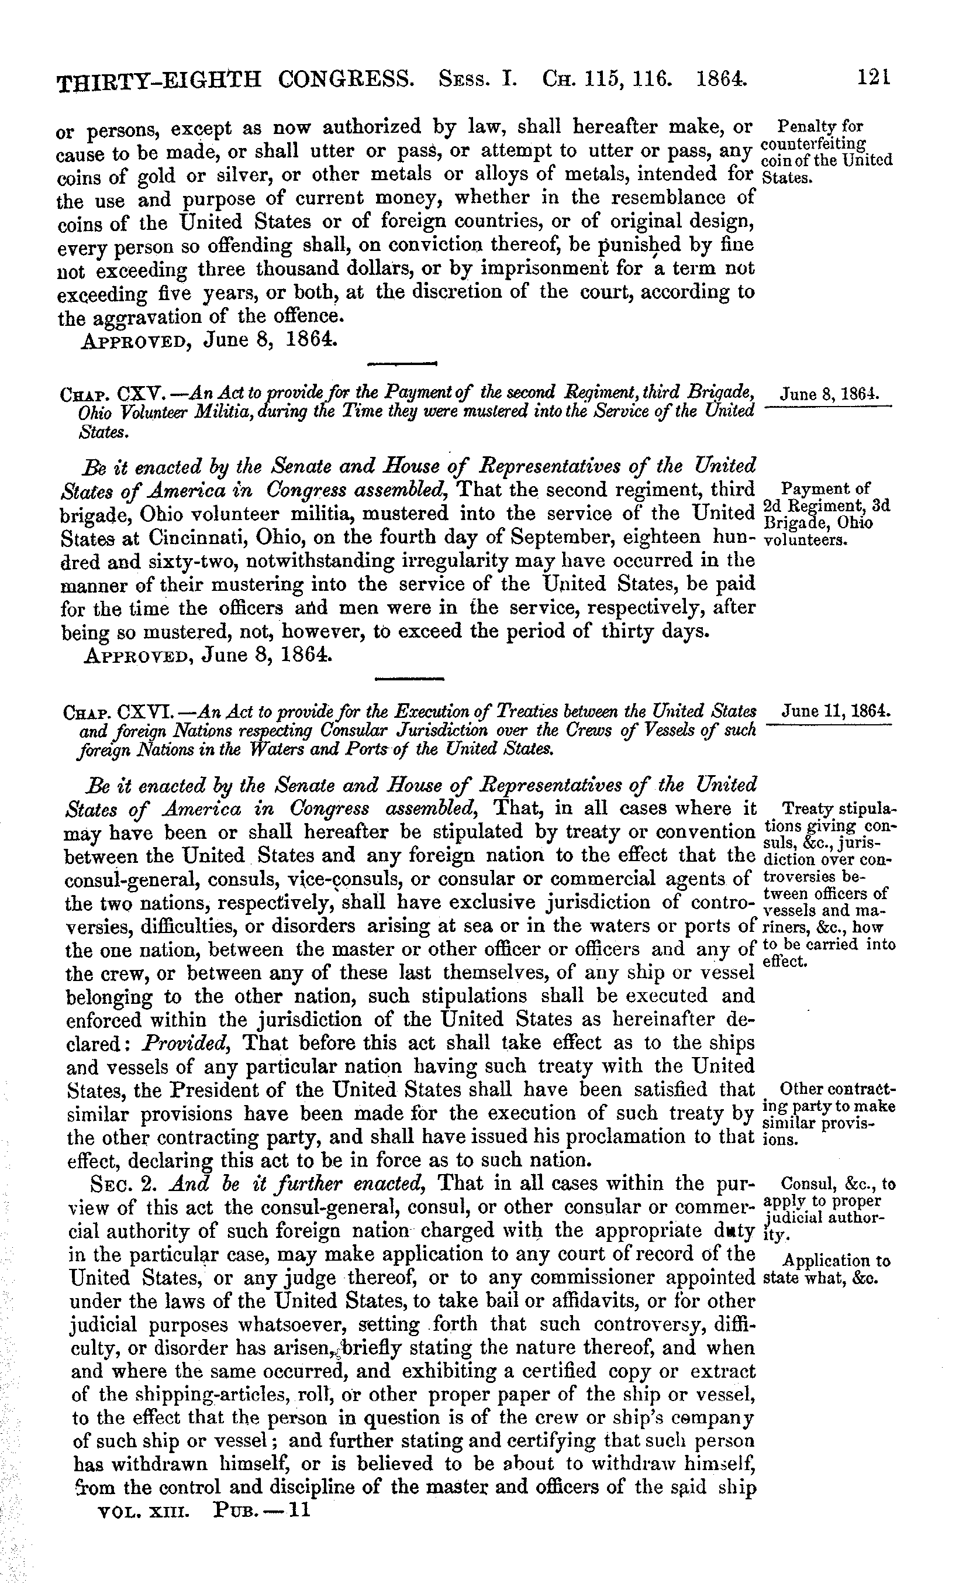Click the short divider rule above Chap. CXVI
tap(409, 679)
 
